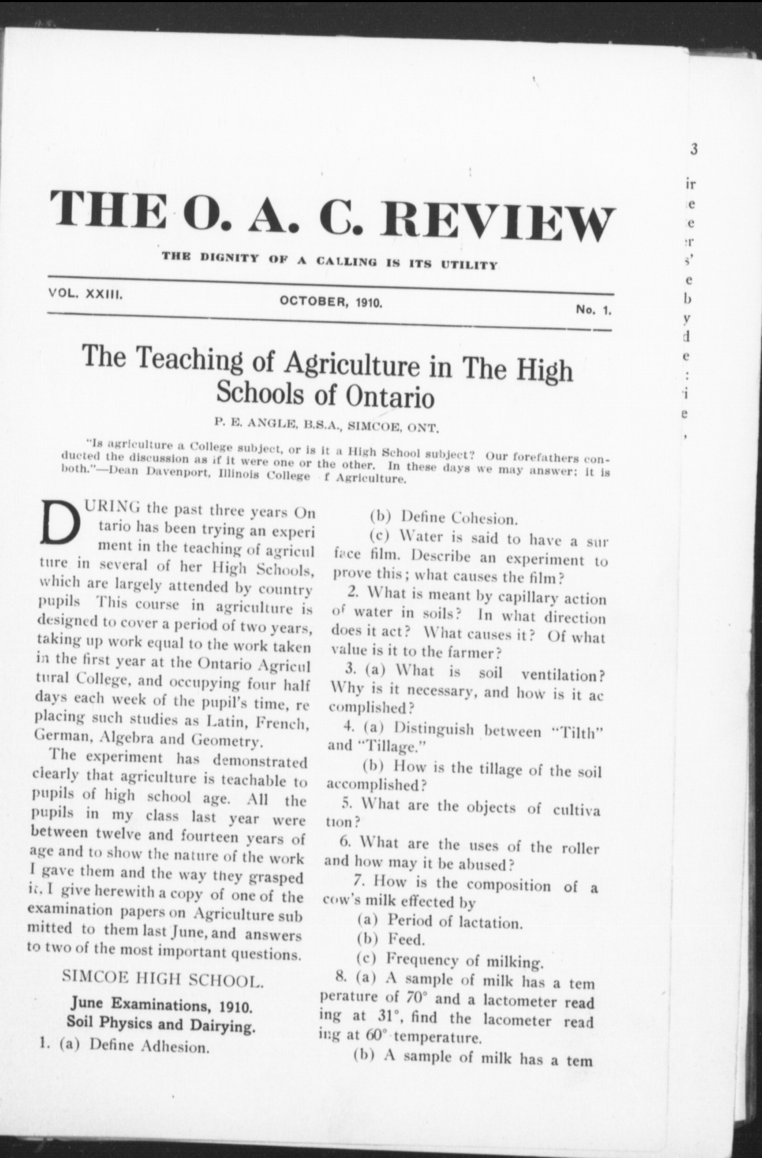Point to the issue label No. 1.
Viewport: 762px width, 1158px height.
click(x=593, y=310)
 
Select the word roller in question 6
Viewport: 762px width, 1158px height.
click(x=580, y=848)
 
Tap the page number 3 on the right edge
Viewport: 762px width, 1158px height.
click(x=694, y=149)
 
